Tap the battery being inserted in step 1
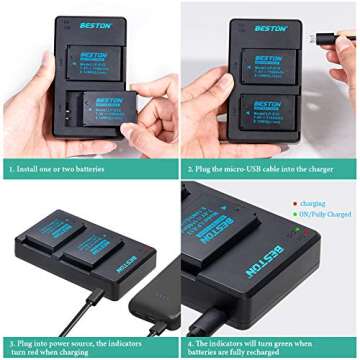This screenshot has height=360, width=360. (x=108, y=105)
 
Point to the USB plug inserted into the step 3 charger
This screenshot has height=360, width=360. (x=98, y=296)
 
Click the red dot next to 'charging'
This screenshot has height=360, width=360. (x=294, y=201)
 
